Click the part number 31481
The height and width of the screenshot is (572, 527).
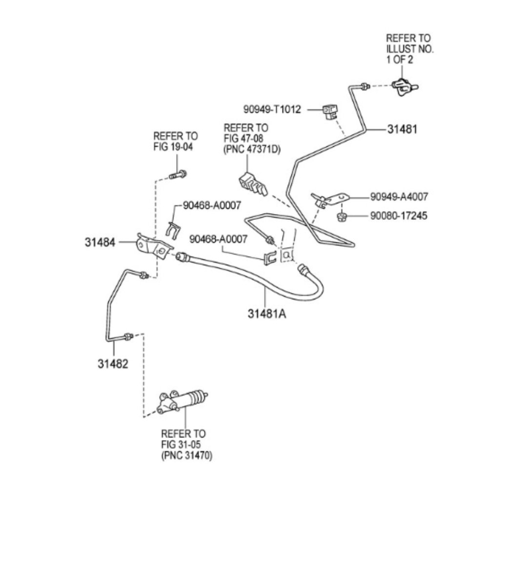point(402,129)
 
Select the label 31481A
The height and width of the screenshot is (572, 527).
point(267,314)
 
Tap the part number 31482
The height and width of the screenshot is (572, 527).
point(113,364)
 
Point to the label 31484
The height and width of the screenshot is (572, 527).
point(100,242)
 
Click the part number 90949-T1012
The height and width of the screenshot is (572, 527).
point(272,109)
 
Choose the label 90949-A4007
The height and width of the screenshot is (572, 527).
point(399,197)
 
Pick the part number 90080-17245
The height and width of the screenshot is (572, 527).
point(399,216)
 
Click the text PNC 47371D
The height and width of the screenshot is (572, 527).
point(252,149)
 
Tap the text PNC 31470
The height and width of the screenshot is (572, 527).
point(186,455)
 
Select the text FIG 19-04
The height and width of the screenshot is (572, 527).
point(173,147)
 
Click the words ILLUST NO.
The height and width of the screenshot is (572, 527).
point(410,48)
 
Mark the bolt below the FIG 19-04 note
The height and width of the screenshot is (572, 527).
point(178,175)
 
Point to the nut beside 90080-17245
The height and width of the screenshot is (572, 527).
point(342,217)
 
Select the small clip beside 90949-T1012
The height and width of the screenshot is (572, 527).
point(330,112)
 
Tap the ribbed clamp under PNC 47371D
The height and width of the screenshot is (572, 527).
point(253,184)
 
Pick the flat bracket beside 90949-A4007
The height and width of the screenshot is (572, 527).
point(330,199)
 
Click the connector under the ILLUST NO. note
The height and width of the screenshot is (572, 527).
point(405,87)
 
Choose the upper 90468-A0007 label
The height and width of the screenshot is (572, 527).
point(212,205)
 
